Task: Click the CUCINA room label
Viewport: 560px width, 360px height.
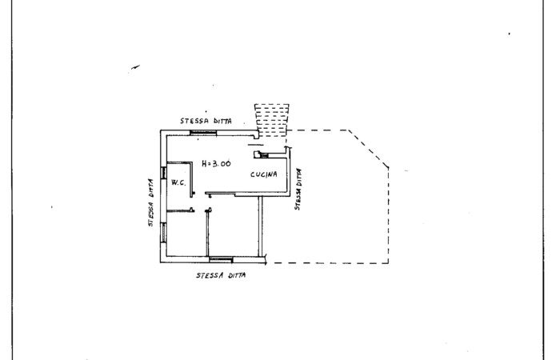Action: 263,174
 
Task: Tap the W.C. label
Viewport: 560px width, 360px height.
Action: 178,182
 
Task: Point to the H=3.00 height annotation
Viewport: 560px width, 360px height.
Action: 216,163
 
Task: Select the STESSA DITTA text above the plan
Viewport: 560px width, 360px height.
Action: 206,121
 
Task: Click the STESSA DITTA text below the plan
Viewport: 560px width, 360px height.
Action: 221,275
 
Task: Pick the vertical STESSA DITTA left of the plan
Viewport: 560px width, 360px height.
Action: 150,202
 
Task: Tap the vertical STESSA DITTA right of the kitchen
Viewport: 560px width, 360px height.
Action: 298,189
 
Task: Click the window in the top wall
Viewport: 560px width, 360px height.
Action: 203,133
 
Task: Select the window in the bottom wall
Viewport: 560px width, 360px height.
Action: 221,260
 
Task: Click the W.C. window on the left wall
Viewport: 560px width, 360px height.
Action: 163,173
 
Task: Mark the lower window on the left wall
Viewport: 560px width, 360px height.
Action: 163,233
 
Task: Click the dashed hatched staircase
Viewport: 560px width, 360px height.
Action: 272,120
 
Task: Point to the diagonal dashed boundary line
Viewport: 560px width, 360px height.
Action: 369,149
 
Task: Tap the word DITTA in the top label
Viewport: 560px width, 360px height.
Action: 222,122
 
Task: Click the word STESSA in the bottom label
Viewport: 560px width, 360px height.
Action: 210,275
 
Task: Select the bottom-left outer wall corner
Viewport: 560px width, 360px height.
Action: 161,262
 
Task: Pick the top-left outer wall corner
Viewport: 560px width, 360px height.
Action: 161,130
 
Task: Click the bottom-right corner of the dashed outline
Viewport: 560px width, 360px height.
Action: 388,263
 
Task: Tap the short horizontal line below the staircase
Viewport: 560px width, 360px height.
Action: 256,145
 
